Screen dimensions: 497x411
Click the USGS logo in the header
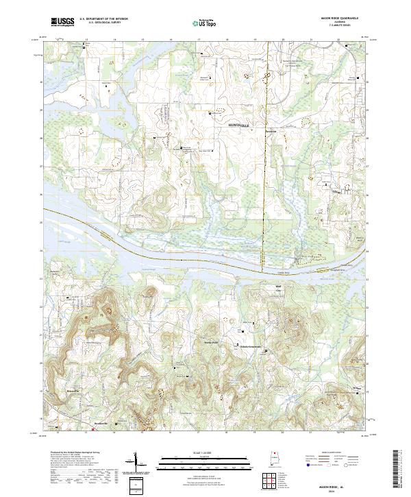pos(62,23)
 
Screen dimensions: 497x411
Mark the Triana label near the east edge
pos(336,193)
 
